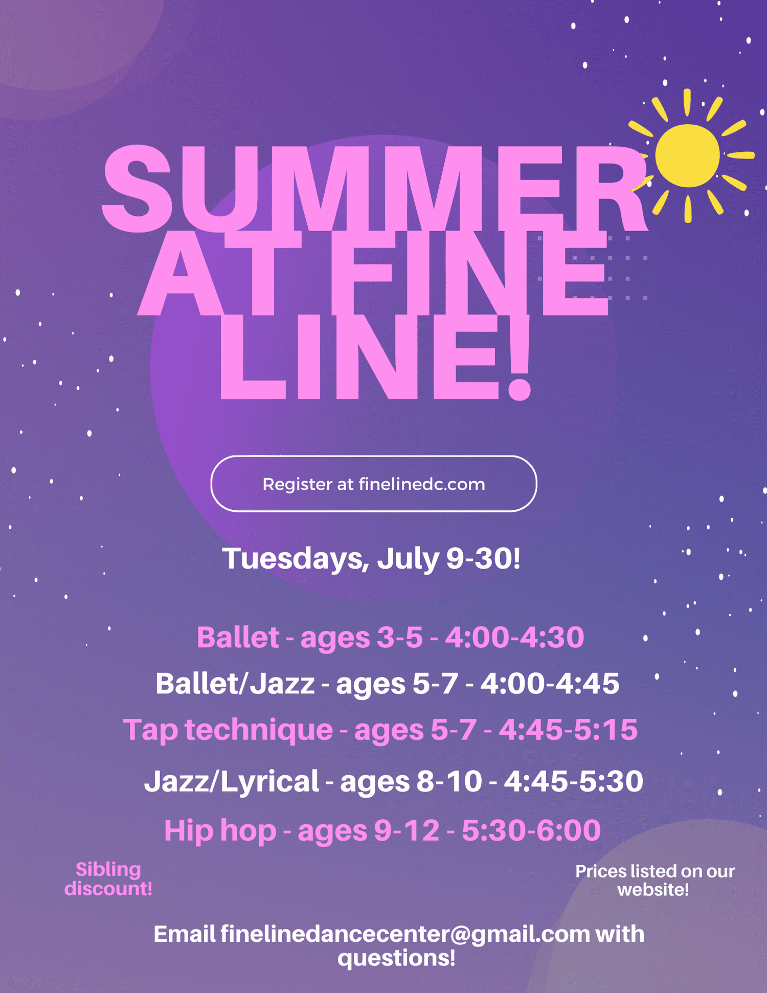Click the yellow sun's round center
(687, 155)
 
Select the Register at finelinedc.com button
(374, 484)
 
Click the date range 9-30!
(483, 558)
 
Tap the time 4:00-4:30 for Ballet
(514, 638)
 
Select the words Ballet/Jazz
(235, 684)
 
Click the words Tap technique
(228, 729)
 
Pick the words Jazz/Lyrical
(232, 781)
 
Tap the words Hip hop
(220, 830)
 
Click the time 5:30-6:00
(531, 830)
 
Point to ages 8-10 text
(411, 781)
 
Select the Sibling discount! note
(108, 879)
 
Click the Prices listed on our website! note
(655, 880)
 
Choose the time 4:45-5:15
(568, 729)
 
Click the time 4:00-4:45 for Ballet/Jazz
(550, 684)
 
